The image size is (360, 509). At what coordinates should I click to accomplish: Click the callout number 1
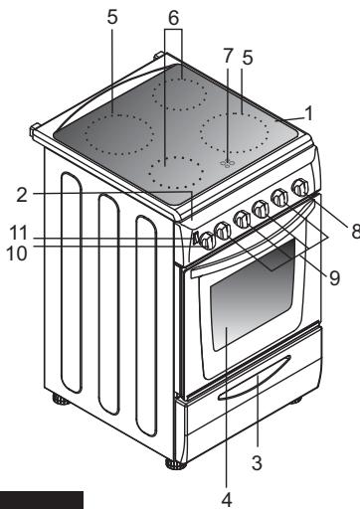[x=309, y=113]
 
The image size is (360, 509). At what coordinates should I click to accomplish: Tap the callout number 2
[x=22, y=195]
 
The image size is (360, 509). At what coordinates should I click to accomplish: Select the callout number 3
[x=257, y=462]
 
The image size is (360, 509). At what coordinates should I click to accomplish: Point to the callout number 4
[x=227, y=500]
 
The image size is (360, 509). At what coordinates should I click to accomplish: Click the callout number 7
[x=228, y=56]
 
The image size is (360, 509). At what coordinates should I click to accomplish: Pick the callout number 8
[x=355, y=231]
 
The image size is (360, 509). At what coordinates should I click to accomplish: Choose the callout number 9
[x=334, y=277]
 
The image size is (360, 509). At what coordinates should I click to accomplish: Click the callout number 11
[x=18, y=233]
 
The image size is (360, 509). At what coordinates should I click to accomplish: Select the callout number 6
[x=173, y=18]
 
